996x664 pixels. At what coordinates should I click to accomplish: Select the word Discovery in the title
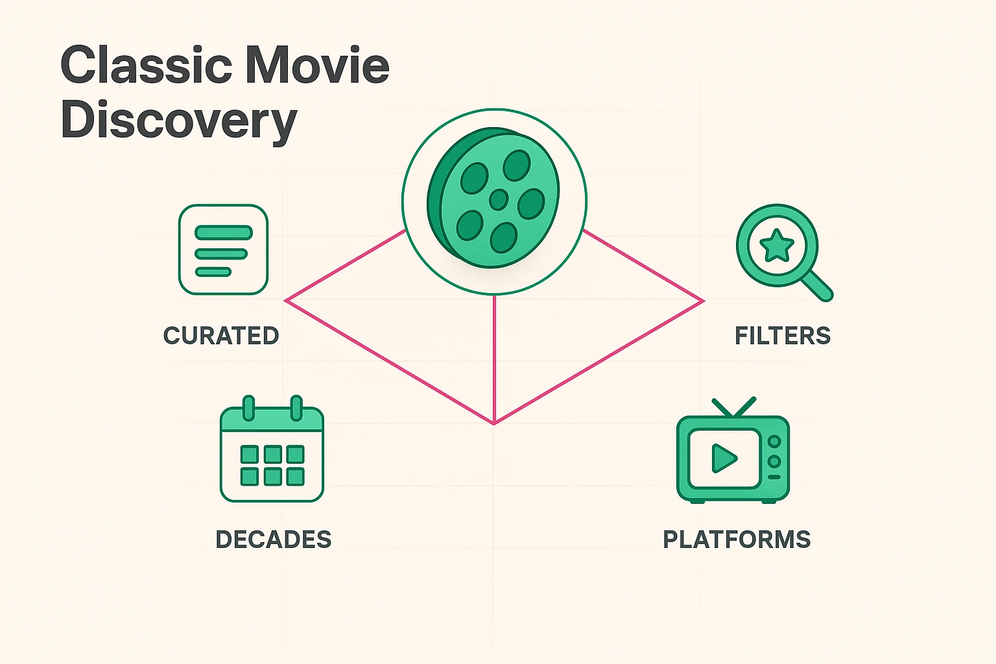178,121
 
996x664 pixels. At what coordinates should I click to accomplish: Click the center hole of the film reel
498,199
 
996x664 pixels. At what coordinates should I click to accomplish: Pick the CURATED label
221,336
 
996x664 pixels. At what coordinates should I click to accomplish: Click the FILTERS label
783,336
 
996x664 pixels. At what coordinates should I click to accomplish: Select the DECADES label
273,539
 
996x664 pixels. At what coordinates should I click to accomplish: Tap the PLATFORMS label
737,539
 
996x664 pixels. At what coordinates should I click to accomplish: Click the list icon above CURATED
223,250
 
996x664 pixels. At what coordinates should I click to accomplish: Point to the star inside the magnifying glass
777,246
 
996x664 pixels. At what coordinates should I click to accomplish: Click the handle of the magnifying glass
818,286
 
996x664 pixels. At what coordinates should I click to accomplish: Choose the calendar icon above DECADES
272,451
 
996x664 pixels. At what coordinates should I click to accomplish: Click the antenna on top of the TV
734,407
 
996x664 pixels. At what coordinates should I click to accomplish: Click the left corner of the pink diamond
287,300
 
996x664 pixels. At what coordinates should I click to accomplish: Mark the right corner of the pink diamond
702,301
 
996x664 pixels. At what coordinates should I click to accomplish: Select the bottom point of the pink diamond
494,423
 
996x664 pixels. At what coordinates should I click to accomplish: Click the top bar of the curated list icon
223,232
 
